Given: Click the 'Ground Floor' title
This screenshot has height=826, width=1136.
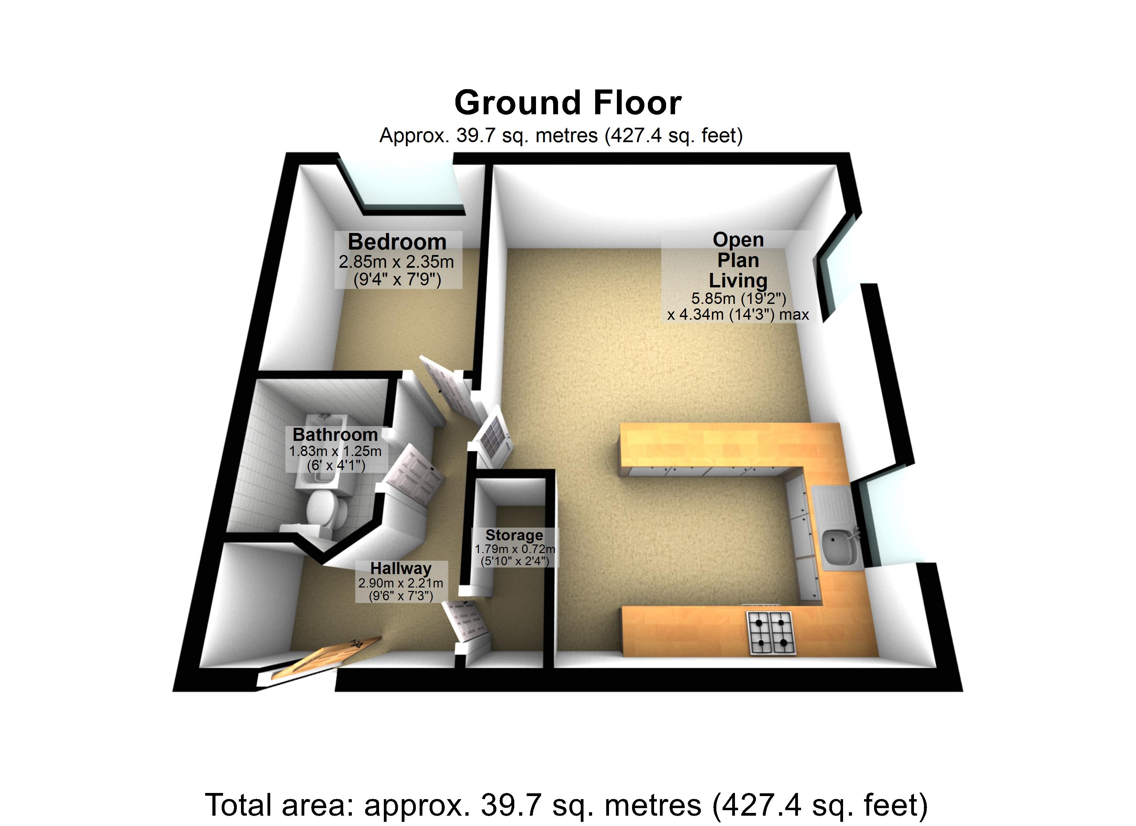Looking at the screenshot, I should point(568,103).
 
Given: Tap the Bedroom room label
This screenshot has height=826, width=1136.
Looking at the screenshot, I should point(397,242).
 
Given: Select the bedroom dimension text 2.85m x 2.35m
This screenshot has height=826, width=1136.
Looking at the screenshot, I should point(396,262).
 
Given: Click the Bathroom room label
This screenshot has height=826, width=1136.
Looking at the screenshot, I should point(335,434).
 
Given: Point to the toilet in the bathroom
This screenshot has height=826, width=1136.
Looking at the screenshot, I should point(326,511).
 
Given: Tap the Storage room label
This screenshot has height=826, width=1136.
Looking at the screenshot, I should point(514,535).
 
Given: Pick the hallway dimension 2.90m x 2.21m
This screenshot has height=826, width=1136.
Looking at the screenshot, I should point(401,583).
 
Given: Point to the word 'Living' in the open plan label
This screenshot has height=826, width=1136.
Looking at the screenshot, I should point(738,280).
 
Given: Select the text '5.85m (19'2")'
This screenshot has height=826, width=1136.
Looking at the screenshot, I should point(739,298).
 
